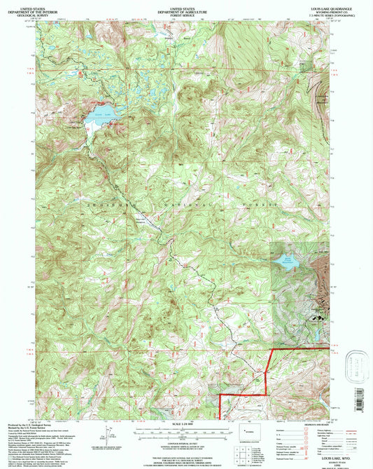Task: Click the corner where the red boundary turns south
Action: click(271, 349)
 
